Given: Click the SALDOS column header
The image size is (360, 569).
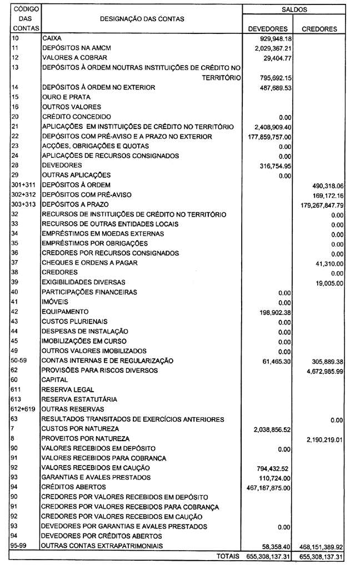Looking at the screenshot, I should coord(294,9).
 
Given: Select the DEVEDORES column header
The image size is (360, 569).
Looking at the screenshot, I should coord(268,29).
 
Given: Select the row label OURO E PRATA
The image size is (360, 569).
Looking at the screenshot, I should coord(66,97).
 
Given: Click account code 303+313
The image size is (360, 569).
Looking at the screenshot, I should coord(22,204).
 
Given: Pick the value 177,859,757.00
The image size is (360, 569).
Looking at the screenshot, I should coord(269,137).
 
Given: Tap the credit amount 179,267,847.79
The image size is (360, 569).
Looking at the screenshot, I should coord(322,206).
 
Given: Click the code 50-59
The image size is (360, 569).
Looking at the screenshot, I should coord(18,361).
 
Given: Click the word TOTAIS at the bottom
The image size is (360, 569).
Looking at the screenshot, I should coord(228,556).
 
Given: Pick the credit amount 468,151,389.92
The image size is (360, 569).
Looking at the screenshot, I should coord(322,547).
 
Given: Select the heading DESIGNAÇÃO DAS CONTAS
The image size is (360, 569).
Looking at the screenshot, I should coord(142,19).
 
